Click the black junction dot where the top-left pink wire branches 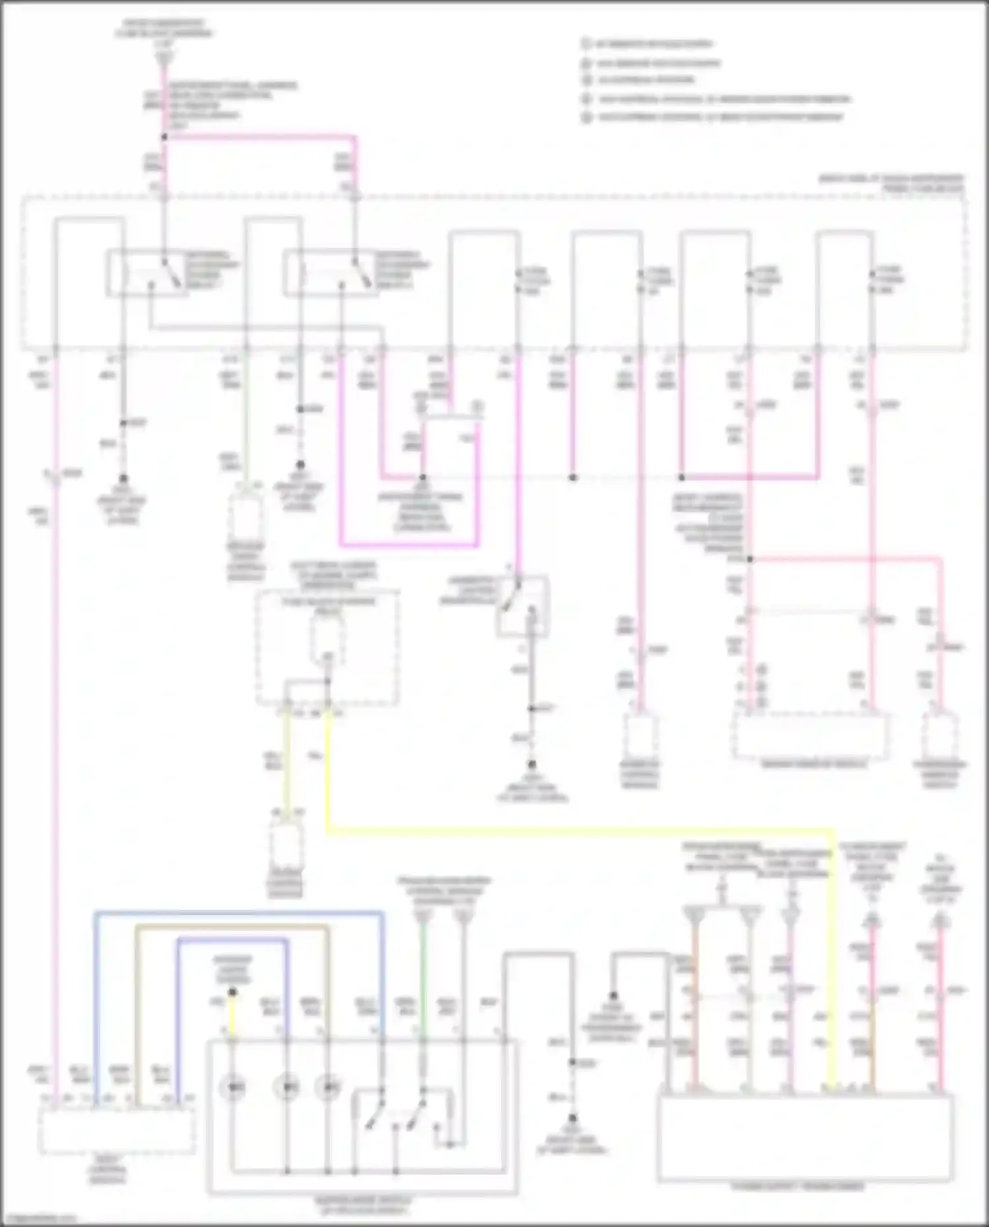pos(164,137)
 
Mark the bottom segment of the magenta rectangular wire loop pos(409,545)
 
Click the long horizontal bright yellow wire pos(580,829)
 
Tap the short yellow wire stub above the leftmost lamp pos(232,1016)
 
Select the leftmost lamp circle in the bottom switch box pos(232,1087)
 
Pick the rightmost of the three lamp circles pos(328,1087)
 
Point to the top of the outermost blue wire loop pos(237,913)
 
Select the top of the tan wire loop pos(231,926)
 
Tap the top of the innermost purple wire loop pos(231,940)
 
